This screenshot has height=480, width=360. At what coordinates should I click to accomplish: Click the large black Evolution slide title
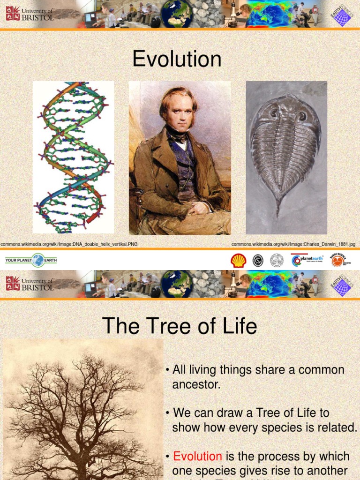click(x=177, y=60)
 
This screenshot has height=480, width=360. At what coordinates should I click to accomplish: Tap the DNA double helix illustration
click(x=73, y=157)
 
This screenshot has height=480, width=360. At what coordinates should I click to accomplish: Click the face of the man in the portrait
click(x=180, y=114)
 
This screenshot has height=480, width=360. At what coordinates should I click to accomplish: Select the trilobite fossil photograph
click(x=286, y=157)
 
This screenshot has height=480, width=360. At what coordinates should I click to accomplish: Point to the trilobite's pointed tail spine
click(x=278, y=206)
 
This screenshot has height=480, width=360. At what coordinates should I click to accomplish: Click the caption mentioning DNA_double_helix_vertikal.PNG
click(x=69, y=244)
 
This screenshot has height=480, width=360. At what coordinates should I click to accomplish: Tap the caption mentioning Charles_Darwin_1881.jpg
click(x=293, y=244)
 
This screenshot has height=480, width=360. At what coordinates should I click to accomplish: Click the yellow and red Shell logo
click(x=239, y=261)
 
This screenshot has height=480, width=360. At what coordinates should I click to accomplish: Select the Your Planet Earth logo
click(x=31, y=260)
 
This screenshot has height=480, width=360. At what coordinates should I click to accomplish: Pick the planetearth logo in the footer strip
click(x=307, y=261)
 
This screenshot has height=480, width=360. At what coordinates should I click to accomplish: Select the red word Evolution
click(x=197, y=456)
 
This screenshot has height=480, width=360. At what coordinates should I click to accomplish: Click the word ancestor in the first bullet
click(x=196, y=385)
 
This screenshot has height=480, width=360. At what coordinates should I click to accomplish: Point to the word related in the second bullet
click(x=337, y=427)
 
